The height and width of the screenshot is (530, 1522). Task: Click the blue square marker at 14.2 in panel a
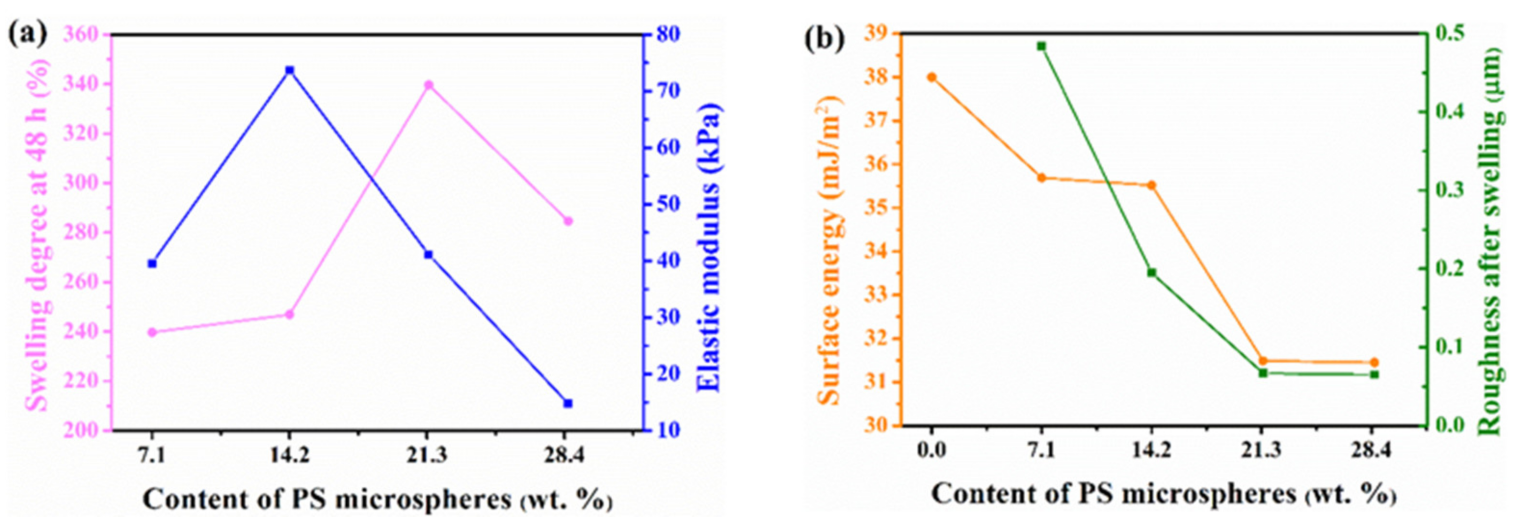[289, 70]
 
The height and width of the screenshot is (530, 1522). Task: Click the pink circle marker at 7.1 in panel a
[152, 332]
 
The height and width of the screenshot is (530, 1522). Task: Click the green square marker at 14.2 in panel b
[1152, 272]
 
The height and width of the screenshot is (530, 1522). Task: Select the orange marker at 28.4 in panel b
[1374, 362]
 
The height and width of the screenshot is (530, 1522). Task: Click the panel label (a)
[27, 34]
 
